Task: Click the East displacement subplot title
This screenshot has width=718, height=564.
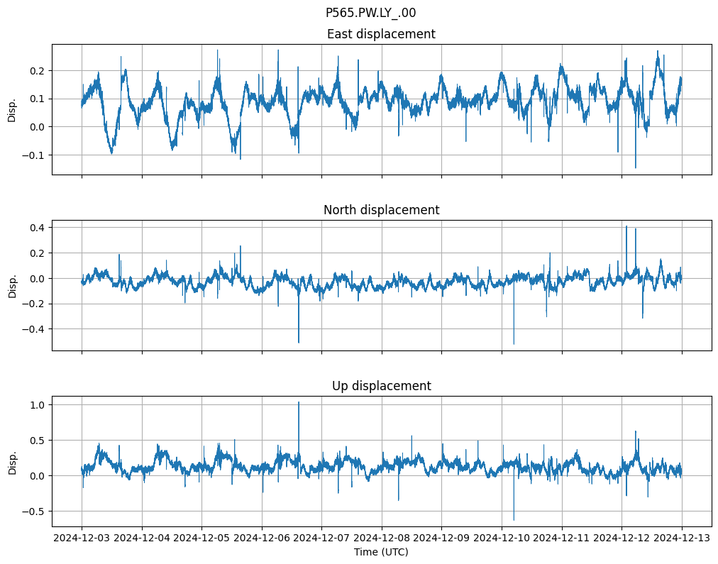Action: [381, 34]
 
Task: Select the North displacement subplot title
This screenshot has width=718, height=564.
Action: [381, 210]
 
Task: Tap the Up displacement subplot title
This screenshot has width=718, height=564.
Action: [381, 386]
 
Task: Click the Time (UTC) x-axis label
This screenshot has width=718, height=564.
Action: [381, 552]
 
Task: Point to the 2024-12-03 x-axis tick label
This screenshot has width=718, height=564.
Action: [82, 538]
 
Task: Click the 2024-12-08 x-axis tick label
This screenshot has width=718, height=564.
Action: [382, 538]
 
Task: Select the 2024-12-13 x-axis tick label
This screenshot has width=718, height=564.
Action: [682, 538]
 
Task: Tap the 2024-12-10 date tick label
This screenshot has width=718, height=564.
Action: [502, 538]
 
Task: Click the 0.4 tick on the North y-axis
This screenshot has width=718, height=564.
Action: [38, 227]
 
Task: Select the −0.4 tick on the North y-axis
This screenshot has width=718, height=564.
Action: [35, 329]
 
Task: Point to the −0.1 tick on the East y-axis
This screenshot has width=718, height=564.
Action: [35, 155]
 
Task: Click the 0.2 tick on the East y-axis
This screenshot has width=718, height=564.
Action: [38, 71]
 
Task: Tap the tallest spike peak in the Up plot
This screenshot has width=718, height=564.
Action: [299, 402]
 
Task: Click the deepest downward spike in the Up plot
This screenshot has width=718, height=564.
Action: [514, 520]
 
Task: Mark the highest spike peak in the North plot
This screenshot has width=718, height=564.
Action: [626, 226]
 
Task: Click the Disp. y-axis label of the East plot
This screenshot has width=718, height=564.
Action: [12, 109]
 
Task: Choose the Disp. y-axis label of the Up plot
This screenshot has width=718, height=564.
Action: [12, 461]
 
